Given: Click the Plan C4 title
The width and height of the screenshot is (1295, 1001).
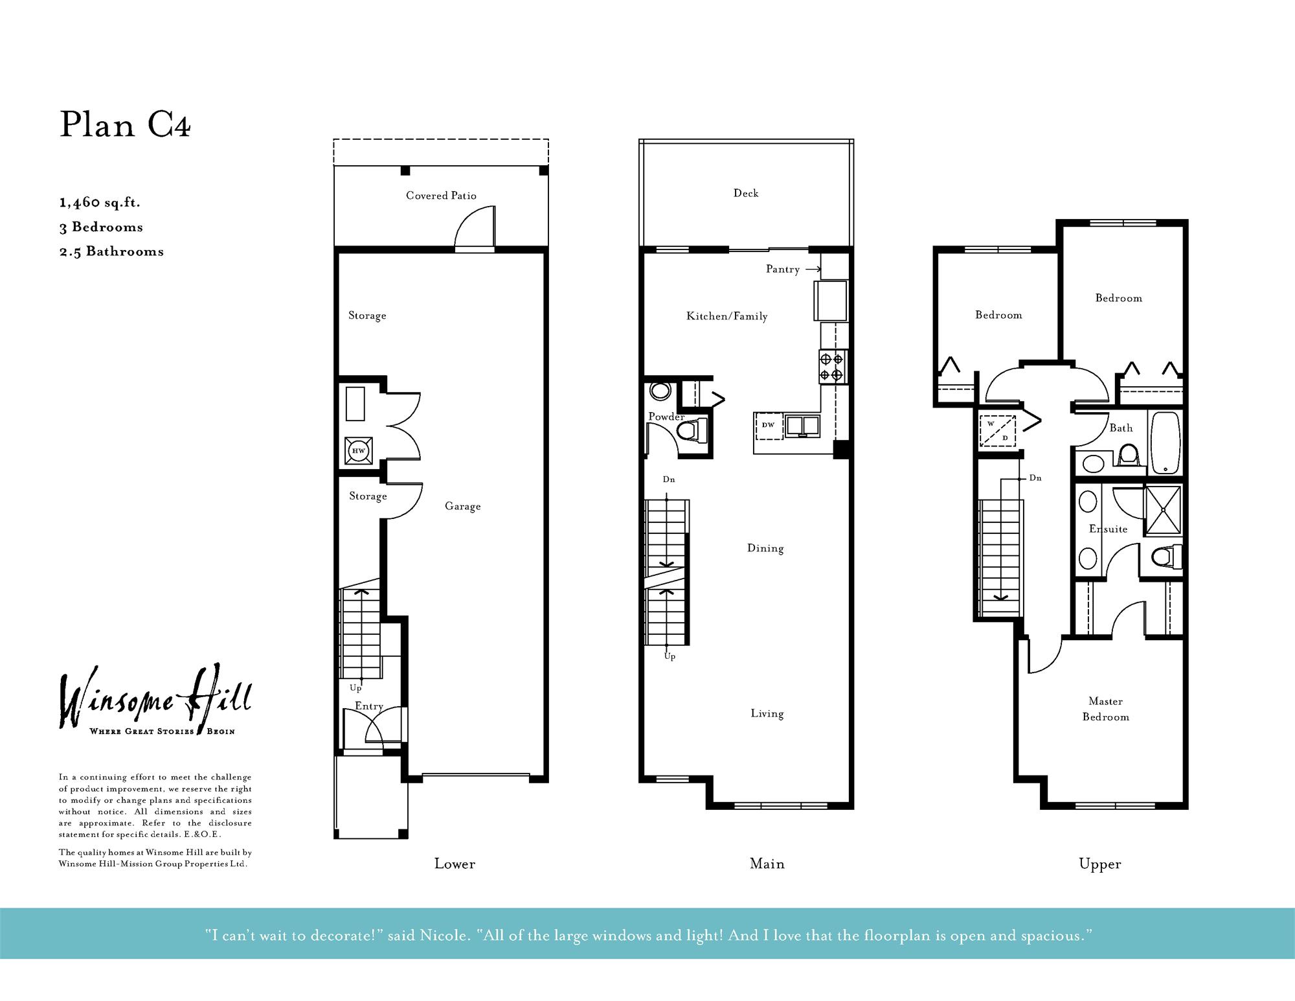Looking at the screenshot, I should [125, 124].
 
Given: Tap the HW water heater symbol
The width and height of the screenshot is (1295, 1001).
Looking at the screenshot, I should [358, 450].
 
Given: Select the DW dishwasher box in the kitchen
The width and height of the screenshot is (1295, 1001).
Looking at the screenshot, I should [769, 426].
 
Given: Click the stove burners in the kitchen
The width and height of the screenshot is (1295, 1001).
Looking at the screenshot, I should [831, 367].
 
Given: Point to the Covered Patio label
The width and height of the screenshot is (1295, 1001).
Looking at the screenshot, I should [441, 196].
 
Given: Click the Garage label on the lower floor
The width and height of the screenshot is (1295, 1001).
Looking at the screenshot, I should [462, 506].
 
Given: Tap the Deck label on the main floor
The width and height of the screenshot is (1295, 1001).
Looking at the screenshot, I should [746, 193].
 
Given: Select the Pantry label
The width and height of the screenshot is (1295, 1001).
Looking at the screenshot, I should [782, 269].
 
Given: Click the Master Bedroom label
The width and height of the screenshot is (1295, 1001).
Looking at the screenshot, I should [1105, 709].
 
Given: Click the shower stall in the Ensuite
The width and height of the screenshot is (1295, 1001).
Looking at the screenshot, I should [1163, 511].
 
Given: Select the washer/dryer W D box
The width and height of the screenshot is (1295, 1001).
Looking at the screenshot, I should [997, 431].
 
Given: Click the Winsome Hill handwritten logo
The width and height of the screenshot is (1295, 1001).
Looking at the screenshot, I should [155, 700].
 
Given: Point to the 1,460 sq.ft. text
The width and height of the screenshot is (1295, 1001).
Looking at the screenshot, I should [100, 202].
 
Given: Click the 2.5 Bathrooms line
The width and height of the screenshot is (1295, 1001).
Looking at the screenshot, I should [111, 251].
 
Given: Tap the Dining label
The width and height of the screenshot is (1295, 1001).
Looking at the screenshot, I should [765, 548].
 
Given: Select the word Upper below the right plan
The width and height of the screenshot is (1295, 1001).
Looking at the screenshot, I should [1099, 864].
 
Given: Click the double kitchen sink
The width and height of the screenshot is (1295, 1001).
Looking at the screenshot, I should [802, 426].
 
